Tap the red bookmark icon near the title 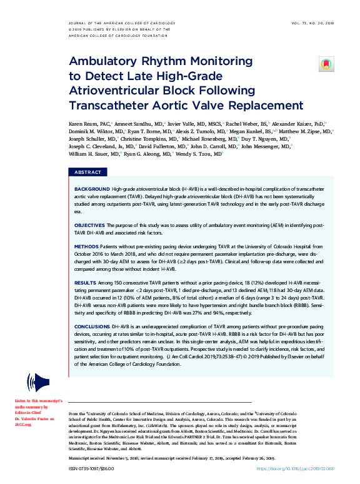(x=325, y=64)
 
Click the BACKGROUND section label (x=92, y=188)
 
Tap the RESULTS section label (x=86, y=283)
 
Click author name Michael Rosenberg (x=216, y=138)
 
